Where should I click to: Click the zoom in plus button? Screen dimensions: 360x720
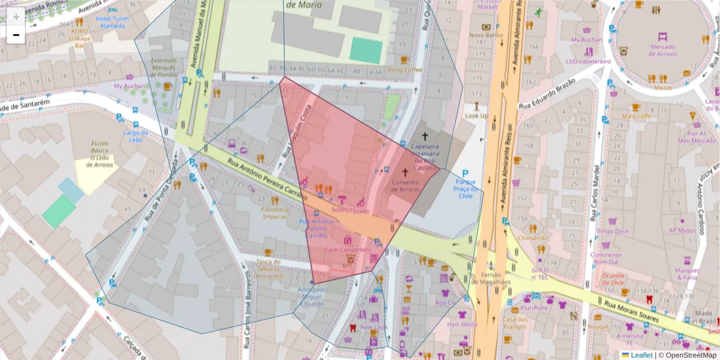click(x=16, y=17)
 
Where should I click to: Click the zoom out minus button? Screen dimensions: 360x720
click(x=16, y=35)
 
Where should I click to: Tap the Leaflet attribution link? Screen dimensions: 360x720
click(x=641, y=355)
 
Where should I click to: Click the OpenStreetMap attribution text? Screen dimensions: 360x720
click(x=687, y=355)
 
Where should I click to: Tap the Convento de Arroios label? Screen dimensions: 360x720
click(x=405, y=185)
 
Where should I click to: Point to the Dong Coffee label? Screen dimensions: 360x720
click(x=404, y=70)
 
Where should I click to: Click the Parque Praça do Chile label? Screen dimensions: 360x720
click(x=465, y=188)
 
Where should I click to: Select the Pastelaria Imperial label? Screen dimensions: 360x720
click(x=275, y=213)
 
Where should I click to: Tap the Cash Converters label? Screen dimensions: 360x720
click(x=347, y=250)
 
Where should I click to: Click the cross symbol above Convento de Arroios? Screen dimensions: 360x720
click(x=405, y=172)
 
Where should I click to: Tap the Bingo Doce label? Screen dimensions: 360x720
click(x=613, y=231)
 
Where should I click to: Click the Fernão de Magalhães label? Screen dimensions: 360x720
click(x=491, y=278)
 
